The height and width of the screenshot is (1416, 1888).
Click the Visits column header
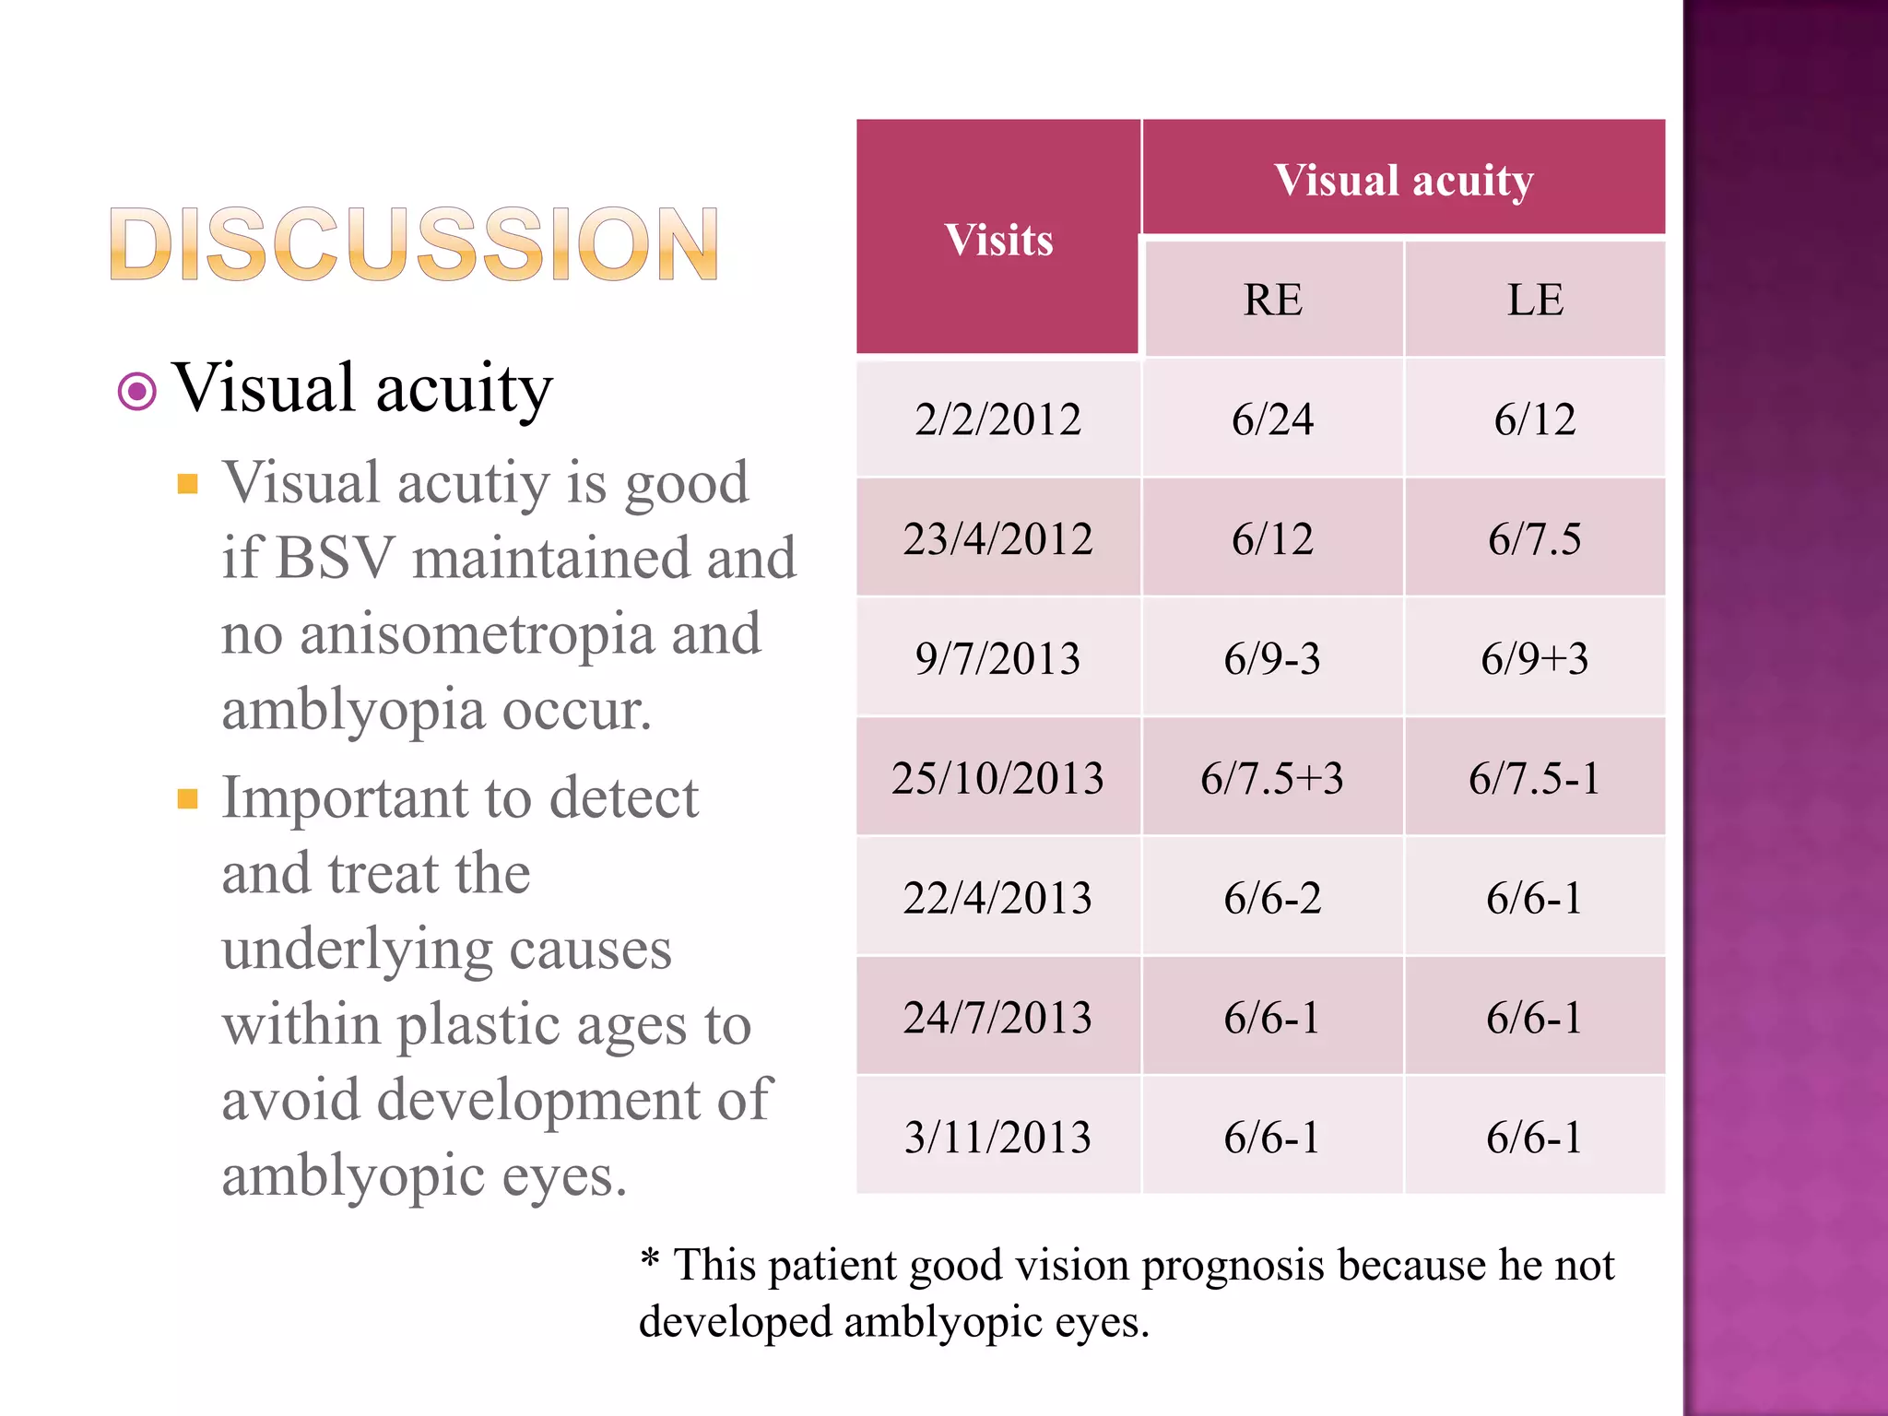coord(998,241)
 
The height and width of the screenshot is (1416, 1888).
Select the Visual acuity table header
coord(1403,180)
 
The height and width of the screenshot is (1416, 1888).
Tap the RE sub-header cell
coord(1272,300)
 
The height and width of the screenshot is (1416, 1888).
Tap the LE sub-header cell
coord(1535,300)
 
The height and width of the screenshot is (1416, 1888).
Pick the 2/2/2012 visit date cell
coord(997,419)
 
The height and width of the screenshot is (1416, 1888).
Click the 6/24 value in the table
coord(1272,419)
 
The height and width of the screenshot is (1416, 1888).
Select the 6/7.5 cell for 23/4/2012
coord(1535,538)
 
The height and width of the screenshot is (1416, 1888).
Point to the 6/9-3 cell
coord(1272,658)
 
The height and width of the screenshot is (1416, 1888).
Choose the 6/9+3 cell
coord(1535,658)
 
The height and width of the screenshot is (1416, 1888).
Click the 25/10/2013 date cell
coord(997,778)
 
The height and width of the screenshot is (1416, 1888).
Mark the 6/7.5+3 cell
coord(1272,778)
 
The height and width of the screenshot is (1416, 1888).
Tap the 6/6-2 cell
coord(1272,898)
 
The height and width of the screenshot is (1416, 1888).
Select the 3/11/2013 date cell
coord(997,1137)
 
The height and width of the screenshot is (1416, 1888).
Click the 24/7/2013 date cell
coord(997,1018)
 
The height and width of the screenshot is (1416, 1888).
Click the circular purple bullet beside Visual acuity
coord(137,392)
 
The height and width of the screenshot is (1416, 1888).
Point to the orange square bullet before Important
coord(188,798)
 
